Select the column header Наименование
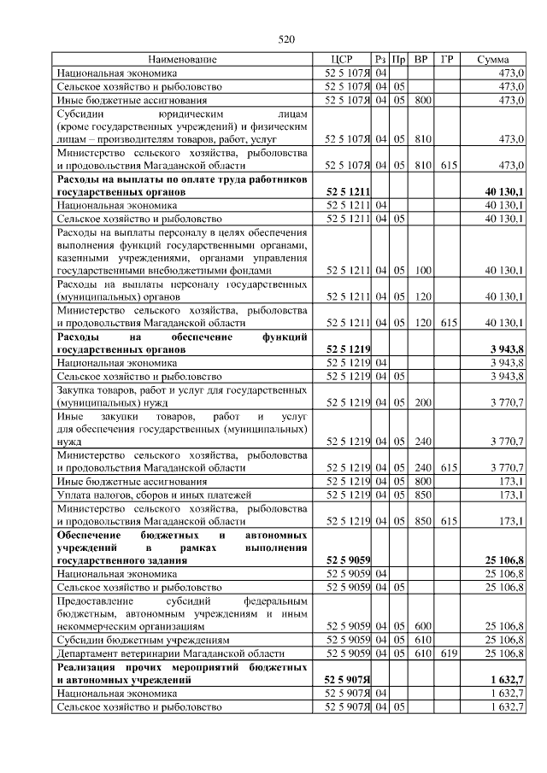(182, 60)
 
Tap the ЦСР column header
(341, 60)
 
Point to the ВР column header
(421, 60)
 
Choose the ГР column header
(447, 60)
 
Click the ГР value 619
(447, 653)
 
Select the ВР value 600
(421, 625)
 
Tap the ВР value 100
(421, 270)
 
